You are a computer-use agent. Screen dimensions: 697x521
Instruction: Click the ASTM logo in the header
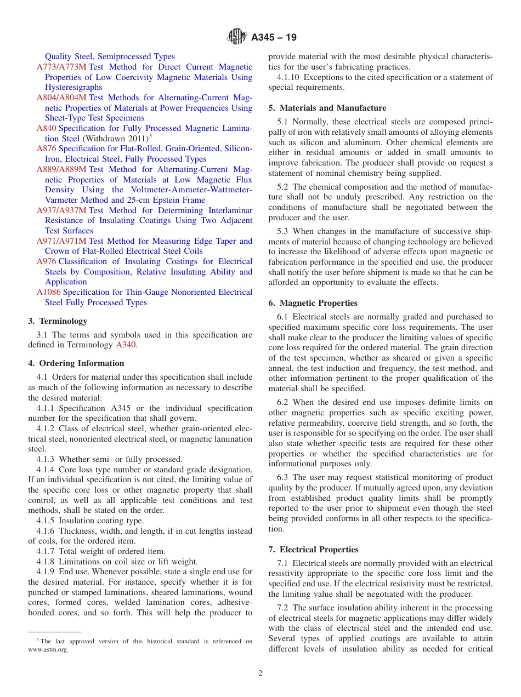(x=237, y=37)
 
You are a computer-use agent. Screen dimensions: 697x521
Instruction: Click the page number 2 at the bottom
(x=260, y=673)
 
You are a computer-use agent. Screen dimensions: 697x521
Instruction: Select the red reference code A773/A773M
(x=61, y=67)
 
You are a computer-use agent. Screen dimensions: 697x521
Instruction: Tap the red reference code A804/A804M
(x=61, y=98)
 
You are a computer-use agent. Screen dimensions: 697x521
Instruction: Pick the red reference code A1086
(x=49, y=292)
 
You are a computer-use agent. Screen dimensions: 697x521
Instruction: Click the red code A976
(x=46, y=261)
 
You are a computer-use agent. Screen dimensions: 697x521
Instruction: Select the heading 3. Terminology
(x=58, y=321)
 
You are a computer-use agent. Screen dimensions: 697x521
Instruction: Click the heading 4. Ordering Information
(x=76, y=363)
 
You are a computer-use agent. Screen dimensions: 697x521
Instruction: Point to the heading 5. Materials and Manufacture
(x=327, y=108)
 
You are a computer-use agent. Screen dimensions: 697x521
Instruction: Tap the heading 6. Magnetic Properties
(x=313, y=303)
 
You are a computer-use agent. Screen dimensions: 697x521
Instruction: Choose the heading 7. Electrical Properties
(x=313, y=550)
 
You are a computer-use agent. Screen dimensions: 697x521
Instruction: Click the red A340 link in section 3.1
(x=124, y=345)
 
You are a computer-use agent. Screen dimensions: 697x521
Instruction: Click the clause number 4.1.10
(x=288, y=77)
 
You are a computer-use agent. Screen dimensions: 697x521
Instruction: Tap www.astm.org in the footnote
(x=48, y=650)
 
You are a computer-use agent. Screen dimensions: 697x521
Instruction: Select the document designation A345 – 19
(x=274, y=37)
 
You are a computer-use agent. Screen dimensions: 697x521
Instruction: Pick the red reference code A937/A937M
(x=61, y=210)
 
